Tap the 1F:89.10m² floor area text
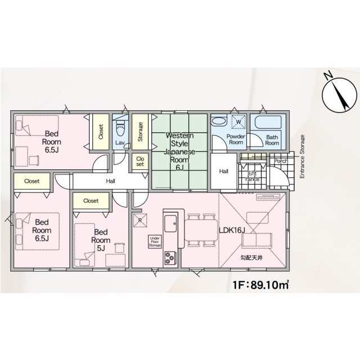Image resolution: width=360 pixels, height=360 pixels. (261, 285)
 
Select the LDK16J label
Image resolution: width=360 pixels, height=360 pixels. (232, 231)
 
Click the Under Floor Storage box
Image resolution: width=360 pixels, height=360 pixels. (155, 242)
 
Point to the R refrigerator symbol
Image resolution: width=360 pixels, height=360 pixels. (140, 220)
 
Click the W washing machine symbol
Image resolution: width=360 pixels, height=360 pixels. (238, 122)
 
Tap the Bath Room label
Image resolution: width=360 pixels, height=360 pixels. (272, 140)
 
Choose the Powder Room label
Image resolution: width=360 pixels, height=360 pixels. (236, 139)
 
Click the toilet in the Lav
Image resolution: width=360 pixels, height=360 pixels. (120, 129)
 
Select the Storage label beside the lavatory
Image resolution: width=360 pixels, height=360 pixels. (140, 132)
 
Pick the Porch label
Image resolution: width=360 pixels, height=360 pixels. (281, 161)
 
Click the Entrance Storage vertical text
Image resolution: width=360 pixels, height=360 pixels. (302, 156)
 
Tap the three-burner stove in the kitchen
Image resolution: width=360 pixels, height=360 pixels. (170, 258)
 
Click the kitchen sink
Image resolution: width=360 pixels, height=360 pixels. (170, 224)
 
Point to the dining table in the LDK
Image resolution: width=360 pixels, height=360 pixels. (201, 230)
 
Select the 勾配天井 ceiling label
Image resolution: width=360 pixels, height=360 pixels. (251, 258)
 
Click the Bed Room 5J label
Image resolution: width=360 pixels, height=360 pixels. (101, 240)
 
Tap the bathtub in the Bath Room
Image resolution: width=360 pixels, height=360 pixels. (268, 123)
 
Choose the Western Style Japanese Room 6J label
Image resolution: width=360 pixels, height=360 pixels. (179, 151)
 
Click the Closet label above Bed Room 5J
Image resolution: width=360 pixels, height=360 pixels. (91, 201)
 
